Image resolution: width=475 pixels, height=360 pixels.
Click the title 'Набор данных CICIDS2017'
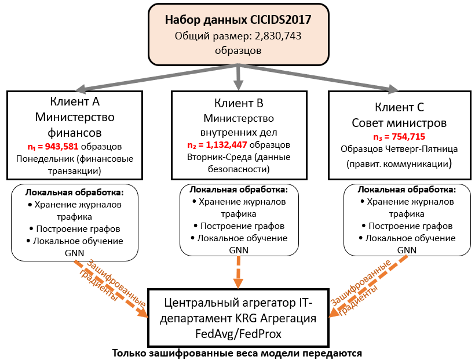[x=238, y=20]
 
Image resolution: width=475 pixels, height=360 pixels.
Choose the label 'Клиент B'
[x=239, y=104]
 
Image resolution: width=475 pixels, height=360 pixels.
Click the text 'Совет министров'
[x=400, y=123]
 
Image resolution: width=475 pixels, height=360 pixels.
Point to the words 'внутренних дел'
[x=239, y=132]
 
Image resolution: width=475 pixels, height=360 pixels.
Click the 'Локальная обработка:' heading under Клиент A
[x=75, y=191]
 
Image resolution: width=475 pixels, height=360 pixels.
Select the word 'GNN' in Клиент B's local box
[x=238, y=249]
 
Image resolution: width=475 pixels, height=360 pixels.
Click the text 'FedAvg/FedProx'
[x=239, y=334]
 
